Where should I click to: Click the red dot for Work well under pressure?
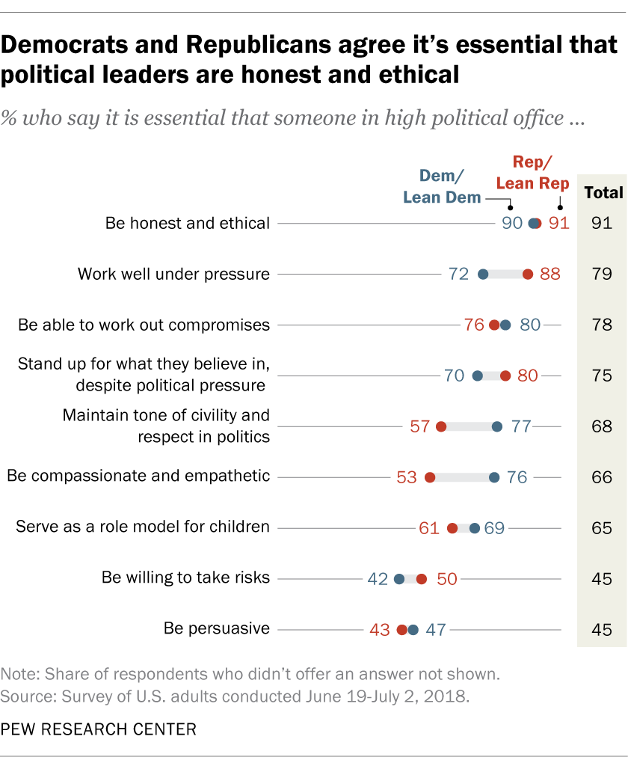tap(528, 275)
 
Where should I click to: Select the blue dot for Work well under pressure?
tap(483, 275)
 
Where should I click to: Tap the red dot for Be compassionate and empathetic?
tap(430, 477)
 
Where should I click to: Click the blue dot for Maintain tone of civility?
tap(497, 426)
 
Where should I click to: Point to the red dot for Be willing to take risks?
tap(422, 578)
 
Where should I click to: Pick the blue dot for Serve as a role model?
tap(475, 528)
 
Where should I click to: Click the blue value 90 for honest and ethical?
tap(512, 223)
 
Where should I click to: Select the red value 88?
tap(550, 275)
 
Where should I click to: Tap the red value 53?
tap(407, 477)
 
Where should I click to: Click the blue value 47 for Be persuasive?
tap(435, 629)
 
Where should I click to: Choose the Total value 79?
tap(601, 275)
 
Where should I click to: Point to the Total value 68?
tap(601, 426)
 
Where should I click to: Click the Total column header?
tap(603, 192)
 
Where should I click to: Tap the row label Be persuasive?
tap(217, 628)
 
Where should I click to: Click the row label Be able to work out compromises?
tap(144, 325)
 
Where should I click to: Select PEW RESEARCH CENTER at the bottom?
tap(99, 729)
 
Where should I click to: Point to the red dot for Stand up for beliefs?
tap(505, 376)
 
